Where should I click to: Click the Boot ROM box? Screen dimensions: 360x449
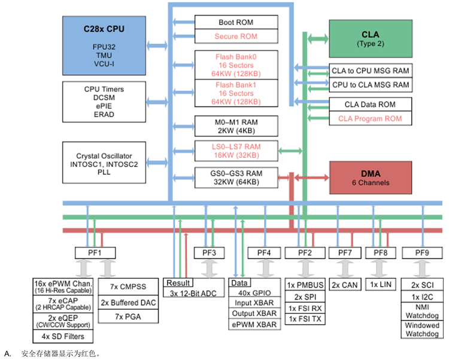[x=236, y=23]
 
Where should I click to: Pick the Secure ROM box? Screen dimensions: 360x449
[x=236, y=36]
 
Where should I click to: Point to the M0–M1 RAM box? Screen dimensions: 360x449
[x=236, y=126]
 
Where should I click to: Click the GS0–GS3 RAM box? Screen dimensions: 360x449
[x=236, y=178]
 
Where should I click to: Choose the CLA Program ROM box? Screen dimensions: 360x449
[x=370, y=118]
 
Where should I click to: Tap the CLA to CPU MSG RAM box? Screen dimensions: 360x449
[x=370, y=70]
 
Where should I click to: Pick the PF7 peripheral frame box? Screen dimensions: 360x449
[x=345, y=252]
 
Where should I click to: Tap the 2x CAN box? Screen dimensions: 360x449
[x=345, y=285]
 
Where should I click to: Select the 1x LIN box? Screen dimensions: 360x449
[x=381, y=284]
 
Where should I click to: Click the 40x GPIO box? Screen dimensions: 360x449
[x=254, y=293]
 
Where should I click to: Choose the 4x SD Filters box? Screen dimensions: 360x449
[x=62, y=336]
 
